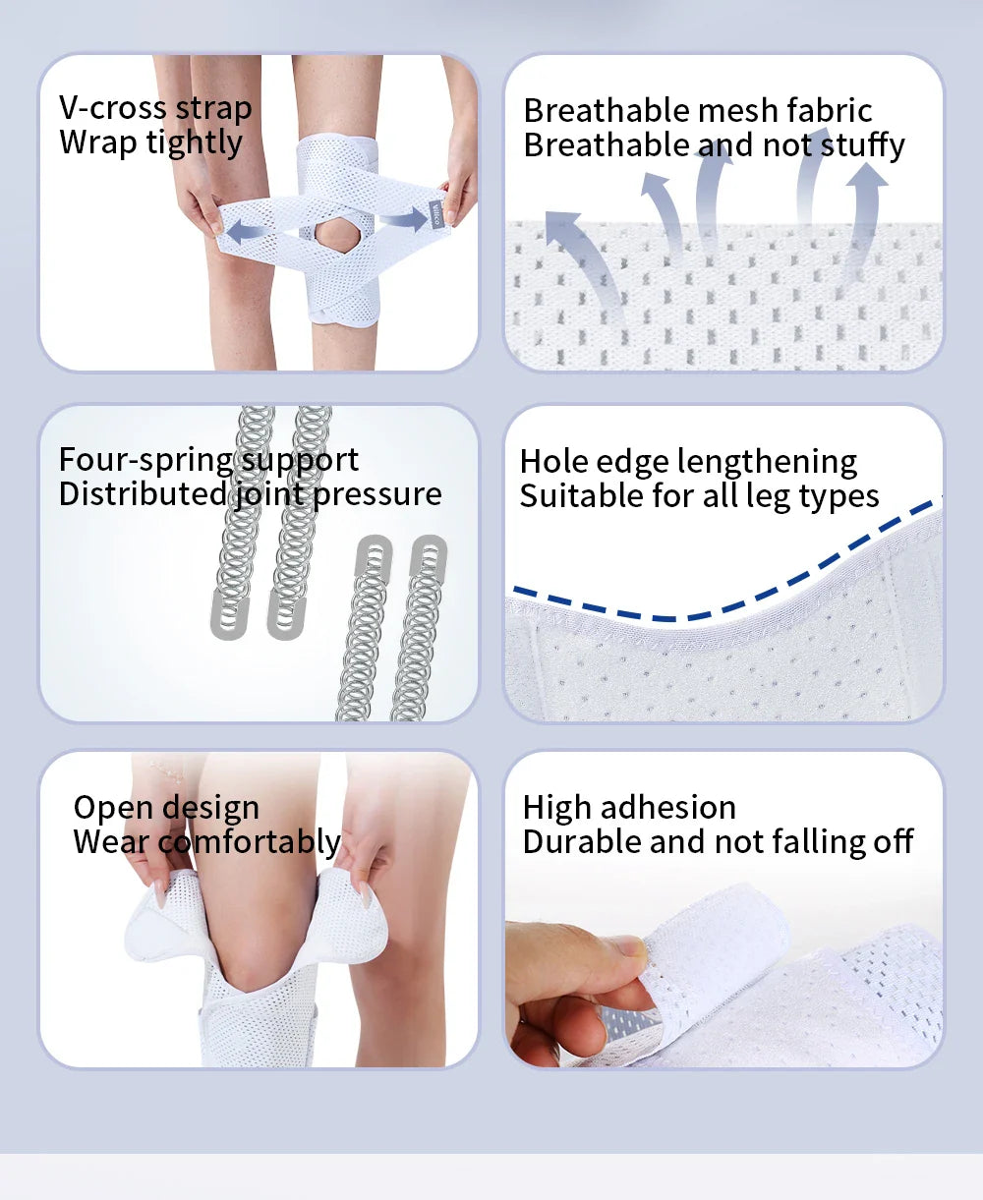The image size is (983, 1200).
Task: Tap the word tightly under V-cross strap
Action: coord(194,143)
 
